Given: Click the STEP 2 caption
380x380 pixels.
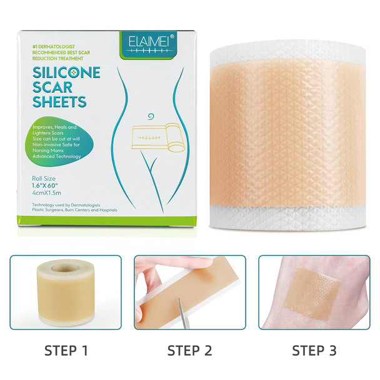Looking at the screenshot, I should pyautogui.click(x=191, y=349).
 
